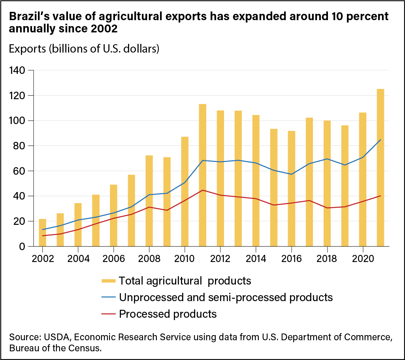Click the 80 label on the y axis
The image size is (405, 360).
point(19,146)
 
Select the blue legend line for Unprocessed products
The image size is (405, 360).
point(109,298)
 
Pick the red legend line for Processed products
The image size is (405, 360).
point(109,314)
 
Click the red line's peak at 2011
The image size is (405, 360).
point(202,190)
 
